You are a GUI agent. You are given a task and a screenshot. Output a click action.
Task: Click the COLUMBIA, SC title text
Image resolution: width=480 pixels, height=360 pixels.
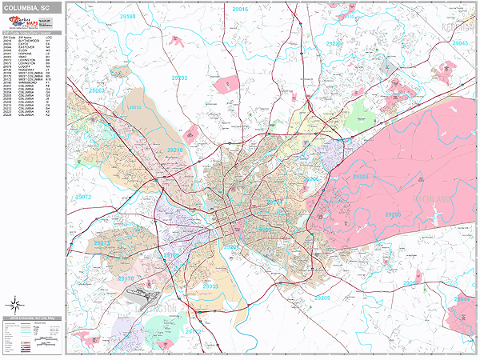pos(32,7)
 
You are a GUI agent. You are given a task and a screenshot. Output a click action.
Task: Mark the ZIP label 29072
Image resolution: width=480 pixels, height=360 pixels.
pos(82,196)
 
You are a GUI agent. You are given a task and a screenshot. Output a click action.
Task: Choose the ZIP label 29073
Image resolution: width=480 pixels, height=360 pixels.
pos(102,243)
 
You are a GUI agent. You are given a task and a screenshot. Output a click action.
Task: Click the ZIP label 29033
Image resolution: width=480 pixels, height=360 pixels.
pos(210,286)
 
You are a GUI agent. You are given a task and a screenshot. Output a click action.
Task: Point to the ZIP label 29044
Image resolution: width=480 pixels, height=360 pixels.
pos(462,299)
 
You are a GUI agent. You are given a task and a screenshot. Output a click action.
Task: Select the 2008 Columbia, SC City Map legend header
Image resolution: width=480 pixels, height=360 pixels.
pos(33,319)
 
